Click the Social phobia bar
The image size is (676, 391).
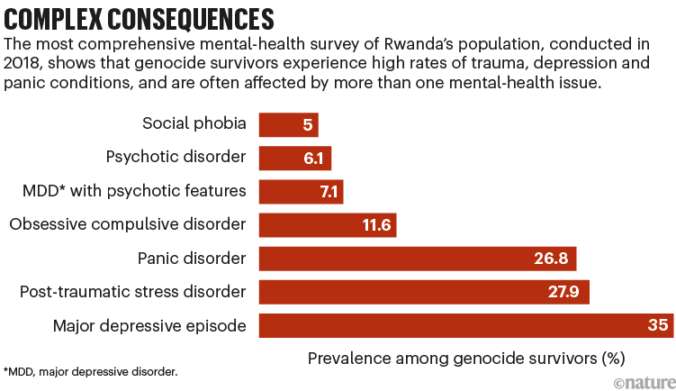[x=288, y=124]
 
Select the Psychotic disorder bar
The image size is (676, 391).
[x=294, y=158]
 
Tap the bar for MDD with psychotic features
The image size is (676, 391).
[x=301, y=191]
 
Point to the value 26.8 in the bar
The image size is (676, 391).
[x=549, y=259]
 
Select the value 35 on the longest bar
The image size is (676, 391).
[x=656, y=325]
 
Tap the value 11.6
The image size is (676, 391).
[x=375, y=224]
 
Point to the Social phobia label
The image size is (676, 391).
[x=194, y=123]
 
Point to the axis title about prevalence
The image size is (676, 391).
[x=465, y=358]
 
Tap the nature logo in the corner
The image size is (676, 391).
[x=643, y=382]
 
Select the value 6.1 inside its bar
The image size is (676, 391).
[x=313, y=158]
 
